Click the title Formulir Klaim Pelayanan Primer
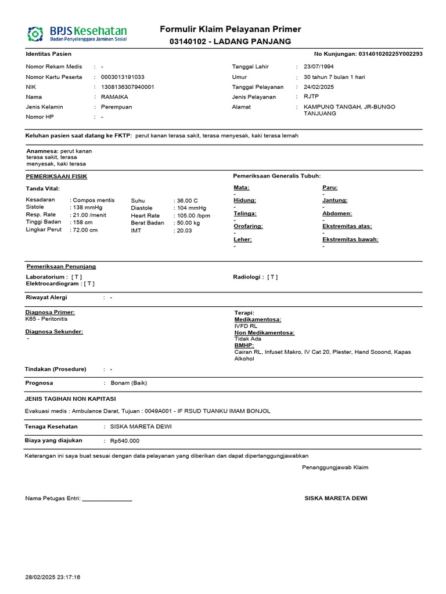231,30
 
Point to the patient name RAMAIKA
114,97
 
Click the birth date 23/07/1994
319,67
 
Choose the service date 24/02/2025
319,87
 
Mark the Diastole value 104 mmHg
192,208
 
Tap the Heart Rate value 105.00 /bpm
193,215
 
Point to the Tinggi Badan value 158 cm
82,223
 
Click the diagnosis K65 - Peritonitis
46,319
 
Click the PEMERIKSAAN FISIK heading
56,176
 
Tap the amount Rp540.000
125,441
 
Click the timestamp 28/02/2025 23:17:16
53,578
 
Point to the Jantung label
334,200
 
